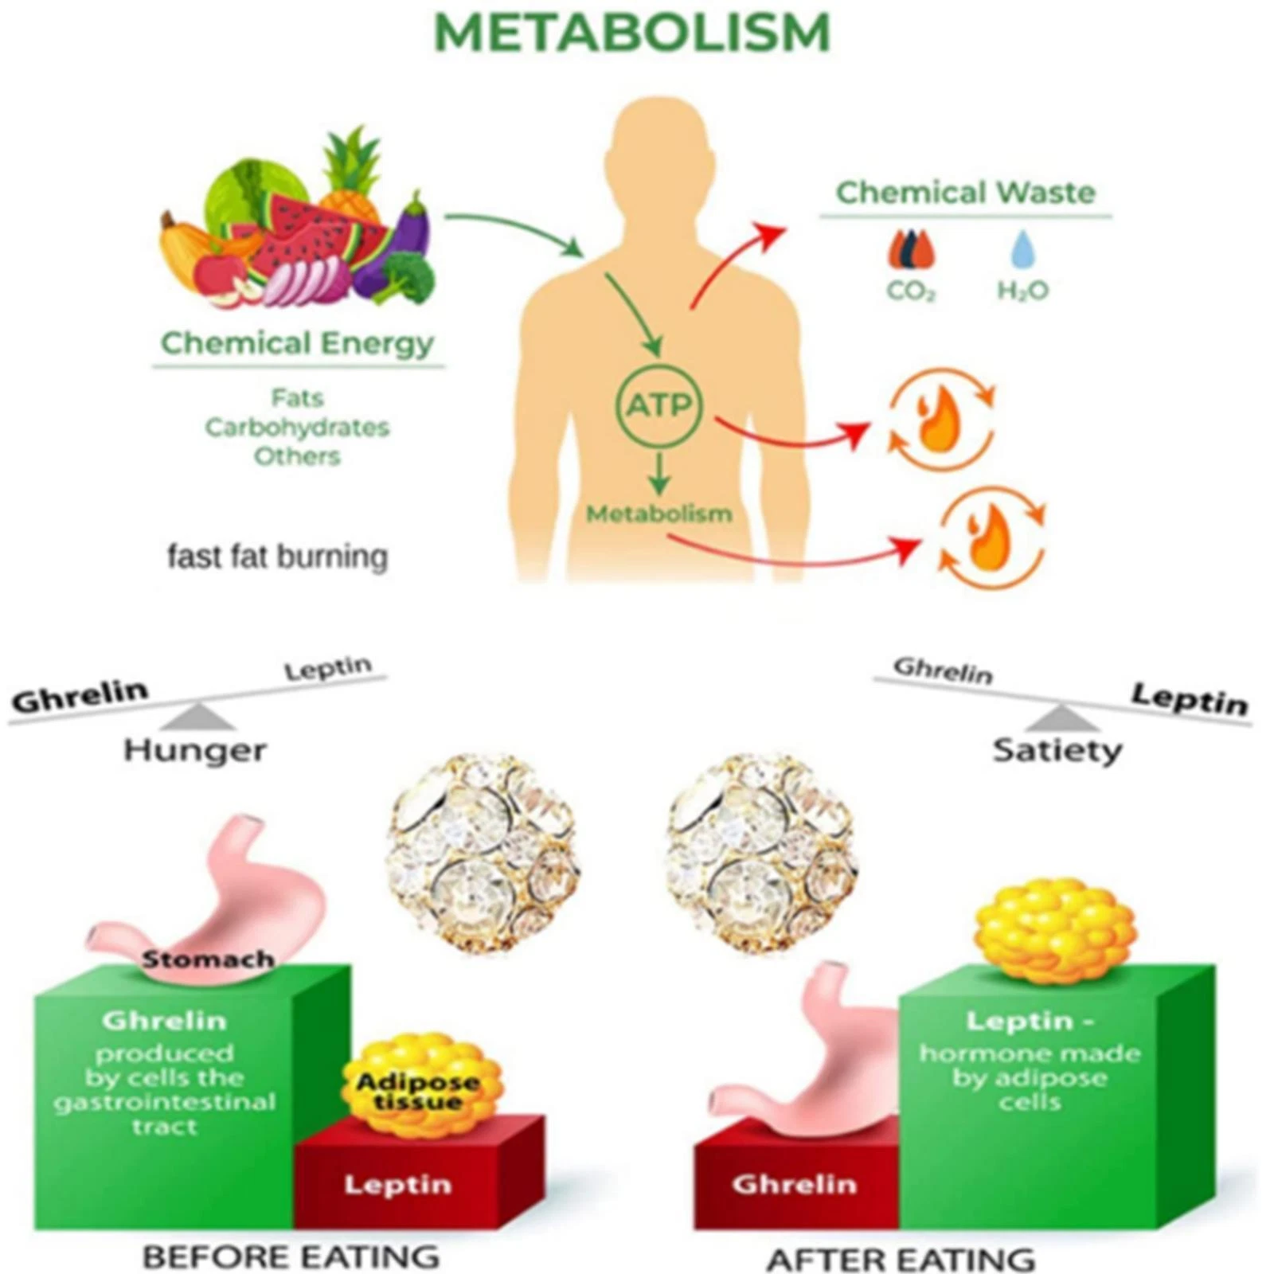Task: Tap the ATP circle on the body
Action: pyautogui.click(x=659, y=407)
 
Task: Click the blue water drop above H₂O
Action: pyautogui.click(x=1022, y=248)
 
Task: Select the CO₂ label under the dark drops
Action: pyautogui.click(x=911, y=291)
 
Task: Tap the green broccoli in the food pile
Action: pyautogui.click(x=408, y=276)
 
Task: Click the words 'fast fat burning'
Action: pyautogui.click(x=277, y=557)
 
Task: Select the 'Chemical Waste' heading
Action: pyautogui.click(x=965, y=193)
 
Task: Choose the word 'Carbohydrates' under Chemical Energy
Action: pyautogui.click(x=297, y=428)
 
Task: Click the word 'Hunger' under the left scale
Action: pyautogui.click(x=195, y=750)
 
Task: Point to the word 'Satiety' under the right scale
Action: pyautogui.click(x=1057, y=750)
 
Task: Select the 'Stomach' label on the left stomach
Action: pyautogui.click(x=208, y=959)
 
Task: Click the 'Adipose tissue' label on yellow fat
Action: pyautogui.click(x=418, y=1092)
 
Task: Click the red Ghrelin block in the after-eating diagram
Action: pyautogui.click(x=795, y=1184)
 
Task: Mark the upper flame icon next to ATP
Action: pyautogui.click(x=941, y=418)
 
